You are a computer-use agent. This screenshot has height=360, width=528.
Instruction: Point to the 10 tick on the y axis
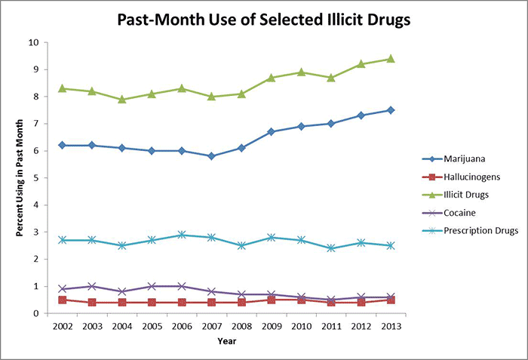pyautogui.click(x=34, y=42)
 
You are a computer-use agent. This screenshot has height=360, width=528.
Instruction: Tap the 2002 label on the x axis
pyautogui.click(x=63, y=326)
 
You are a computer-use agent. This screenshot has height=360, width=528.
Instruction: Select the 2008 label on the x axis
pyautogui.click(x=241, y=326)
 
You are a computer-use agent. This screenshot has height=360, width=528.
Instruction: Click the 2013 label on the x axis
pyautogui.click(x=390, y=326)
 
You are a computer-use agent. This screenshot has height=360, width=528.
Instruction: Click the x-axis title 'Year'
pyautogui.click(x=226, y=340)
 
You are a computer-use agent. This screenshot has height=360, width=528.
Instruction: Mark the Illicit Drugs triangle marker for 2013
pyautogui.click(x=390, y=59)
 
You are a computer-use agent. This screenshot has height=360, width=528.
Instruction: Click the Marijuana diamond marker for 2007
pyautogui.click(x=211, y=156)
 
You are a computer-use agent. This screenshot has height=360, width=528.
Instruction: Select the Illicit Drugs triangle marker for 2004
pyautogui.click(x=122, y=99)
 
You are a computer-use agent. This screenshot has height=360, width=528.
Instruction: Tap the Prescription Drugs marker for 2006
pyautogui.click(x=182, y=235)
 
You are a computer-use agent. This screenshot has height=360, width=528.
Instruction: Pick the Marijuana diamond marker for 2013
pyautogui.click(x=390, y=110)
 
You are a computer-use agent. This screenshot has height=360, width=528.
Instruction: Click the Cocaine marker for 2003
pyautogui.click(x=92, y=286)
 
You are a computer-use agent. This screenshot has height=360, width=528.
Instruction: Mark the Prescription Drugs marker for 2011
pyautogui.click(x=330, y=248)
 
